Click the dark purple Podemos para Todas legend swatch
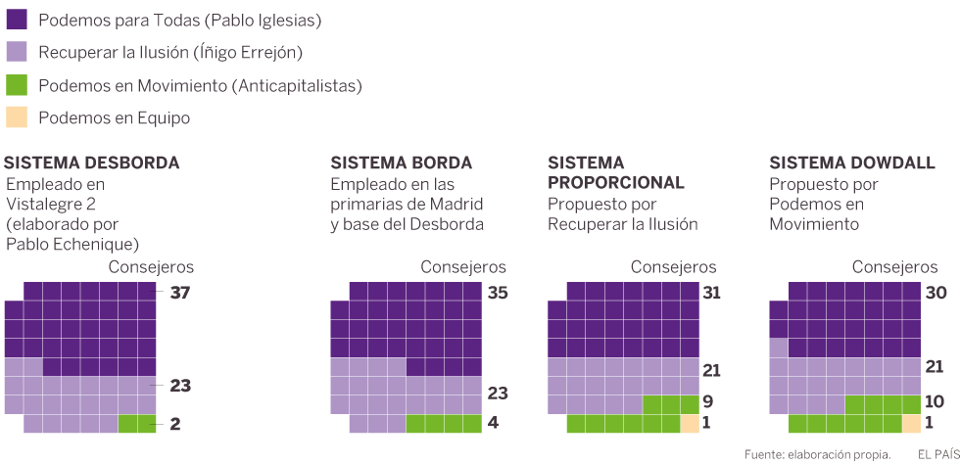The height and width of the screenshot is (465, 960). (x=17, y=19)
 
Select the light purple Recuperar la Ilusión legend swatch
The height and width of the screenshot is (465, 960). (x=17, y=52)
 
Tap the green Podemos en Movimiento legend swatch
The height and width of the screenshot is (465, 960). (x=17, y=85)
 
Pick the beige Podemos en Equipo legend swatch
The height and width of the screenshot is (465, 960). (x=17, y=117)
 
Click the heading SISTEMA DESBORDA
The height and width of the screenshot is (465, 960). (x=92, y=163)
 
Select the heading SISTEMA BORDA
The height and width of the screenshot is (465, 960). (x=402, y=163)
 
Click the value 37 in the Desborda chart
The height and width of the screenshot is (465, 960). (x=179, y=292)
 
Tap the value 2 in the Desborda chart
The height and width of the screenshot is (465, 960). (x=174, y=424)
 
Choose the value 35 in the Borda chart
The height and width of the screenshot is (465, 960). (x=498, y=292)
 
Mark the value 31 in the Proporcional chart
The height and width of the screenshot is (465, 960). (x=712, y=292)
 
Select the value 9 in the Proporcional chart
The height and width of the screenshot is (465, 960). (x=708, y=400)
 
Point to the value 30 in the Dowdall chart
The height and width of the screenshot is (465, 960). (x=936, y=292)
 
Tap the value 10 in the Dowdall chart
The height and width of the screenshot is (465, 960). (x=936, y=400)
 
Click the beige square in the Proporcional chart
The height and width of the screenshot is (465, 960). (x=690, y=424)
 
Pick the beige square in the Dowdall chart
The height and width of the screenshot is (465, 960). (x=912, y=424)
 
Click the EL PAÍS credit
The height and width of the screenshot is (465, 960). (x=937, y=454)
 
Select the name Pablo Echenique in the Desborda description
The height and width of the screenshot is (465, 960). (x=72, y=244)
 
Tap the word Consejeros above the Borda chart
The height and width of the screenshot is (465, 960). (x=463, y=266)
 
